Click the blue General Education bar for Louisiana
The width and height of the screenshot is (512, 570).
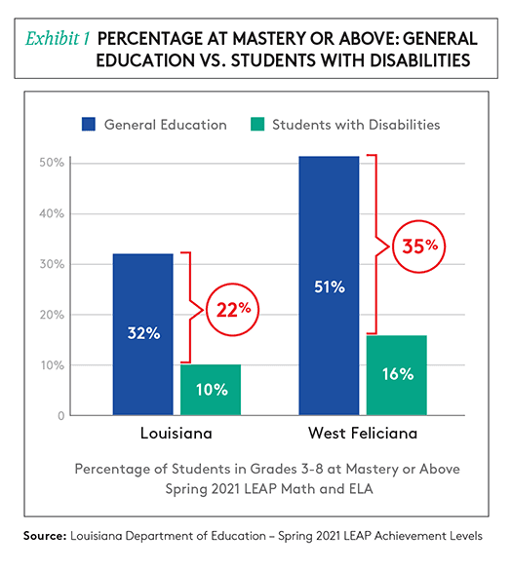pyautogui.click(x=143, y=334)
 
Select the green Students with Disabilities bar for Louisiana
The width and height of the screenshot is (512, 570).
pyautogui.click(x=211, y=390)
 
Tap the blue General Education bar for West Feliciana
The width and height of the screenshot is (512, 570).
pyautogui.click(x=329, y=285)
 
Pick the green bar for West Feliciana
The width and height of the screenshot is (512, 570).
pyautogui.click(x=397, y=375)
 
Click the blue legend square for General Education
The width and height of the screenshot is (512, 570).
pyautogui.click(x=89, y=124)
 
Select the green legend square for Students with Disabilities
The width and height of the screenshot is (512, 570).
pyautogui.click(x=257, y=124)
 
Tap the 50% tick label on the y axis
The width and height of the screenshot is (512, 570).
pyautogui.click(x=52, y=163)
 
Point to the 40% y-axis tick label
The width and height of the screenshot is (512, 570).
pyautogui.click(x=52, y=213)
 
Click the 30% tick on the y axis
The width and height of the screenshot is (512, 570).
pyautogui.click(x=52, y=264)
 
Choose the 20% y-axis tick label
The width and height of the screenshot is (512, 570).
pyautogui.click(x=52, y=315)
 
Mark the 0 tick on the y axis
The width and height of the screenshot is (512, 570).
pyautogui.click(x=61, y=415)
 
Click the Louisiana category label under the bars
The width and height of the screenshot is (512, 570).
pyautogui.click(x=177, y=434)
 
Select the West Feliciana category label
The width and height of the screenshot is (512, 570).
pyautogui.click(x=363, y=434)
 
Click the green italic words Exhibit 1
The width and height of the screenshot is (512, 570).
pyautogui.click(x=58, y=39)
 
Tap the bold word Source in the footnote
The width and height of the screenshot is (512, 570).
pyautogui.click(x=45, y=536)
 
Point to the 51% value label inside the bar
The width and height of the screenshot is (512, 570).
pyautogui.click(x=330, y=287)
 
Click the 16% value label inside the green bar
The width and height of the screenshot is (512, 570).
pyautogui.click(x=398, y=374)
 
